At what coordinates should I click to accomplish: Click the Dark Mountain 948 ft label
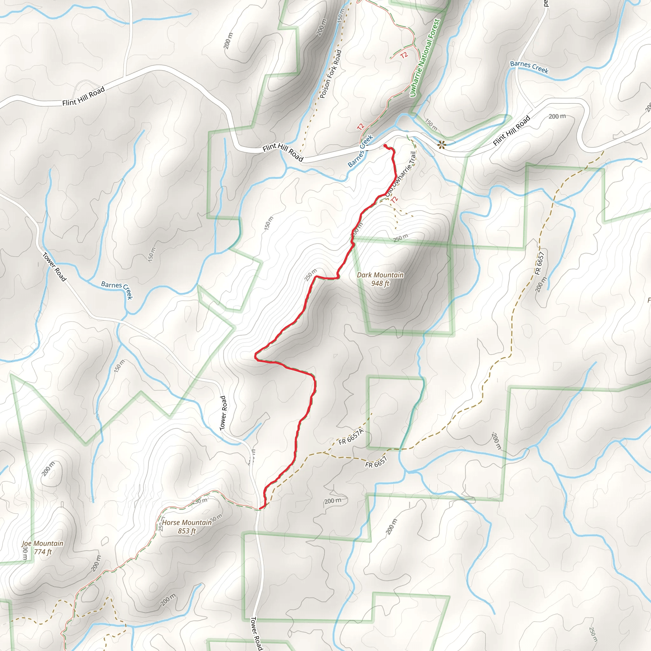tap(380, 279)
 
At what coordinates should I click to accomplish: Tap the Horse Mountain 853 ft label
tap(187, 527)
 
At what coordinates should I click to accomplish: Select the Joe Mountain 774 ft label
tap(43, 548)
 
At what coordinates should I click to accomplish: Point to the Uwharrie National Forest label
tap(425, 58)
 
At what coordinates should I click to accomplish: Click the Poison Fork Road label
tap(330, 74)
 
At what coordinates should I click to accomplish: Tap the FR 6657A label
tap(351, 436)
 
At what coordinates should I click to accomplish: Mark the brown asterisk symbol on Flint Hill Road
tap(441, 145)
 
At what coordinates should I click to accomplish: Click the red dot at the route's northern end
tap(385, 146)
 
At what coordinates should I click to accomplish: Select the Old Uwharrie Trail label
tap(401, 174)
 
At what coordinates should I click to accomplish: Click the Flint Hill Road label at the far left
tap(84, 96)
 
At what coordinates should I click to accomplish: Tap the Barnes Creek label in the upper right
tap(529, 67)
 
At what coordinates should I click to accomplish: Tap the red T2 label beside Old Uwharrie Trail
tap(394, 199)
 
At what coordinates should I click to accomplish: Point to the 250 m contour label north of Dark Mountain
tap(400, 237)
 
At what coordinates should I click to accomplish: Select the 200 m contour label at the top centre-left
tap(228, 40)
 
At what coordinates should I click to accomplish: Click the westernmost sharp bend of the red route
tap(256, 355)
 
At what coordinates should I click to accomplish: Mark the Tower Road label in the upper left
tap(55, 266)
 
